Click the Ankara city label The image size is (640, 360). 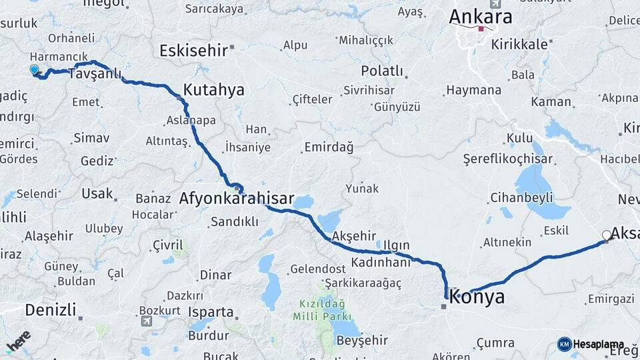[481, 16]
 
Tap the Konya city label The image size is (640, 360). [477, 297]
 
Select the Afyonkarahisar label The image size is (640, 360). [237, 198]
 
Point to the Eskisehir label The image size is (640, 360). [193, 51]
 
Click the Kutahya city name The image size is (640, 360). [213, 90]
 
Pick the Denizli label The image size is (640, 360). [50, 309]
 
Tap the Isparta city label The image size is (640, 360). [210, 312]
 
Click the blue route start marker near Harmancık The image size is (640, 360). [34, 69]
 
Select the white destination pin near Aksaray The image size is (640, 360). [606, 235]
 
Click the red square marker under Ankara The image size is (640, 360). [481, 29]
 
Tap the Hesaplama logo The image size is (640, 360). [591, 344]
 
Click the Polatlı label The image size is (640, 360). [382, 71]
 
